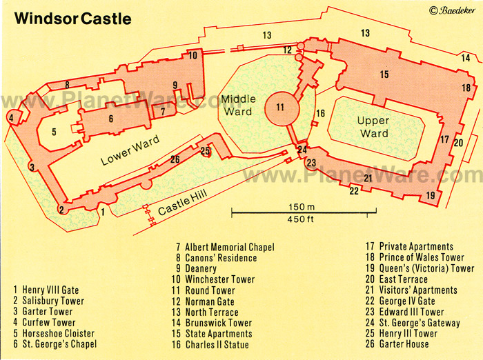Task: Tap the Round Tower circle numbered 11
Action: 279,107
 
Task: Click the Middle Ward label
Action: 238,106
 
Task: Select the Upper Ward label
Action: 373,127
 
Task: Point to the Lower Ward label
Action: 130,150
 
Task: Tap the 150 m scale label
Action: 301,207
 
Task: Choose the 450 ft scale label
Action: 301,220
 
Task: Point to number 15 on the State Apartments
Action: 384,74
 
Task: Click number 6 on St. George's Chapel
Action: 110,119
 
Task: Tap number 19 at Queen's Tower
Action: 431,195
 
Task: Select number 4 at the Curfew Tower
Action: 11,118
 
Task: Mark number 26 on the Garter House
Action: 175,160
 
